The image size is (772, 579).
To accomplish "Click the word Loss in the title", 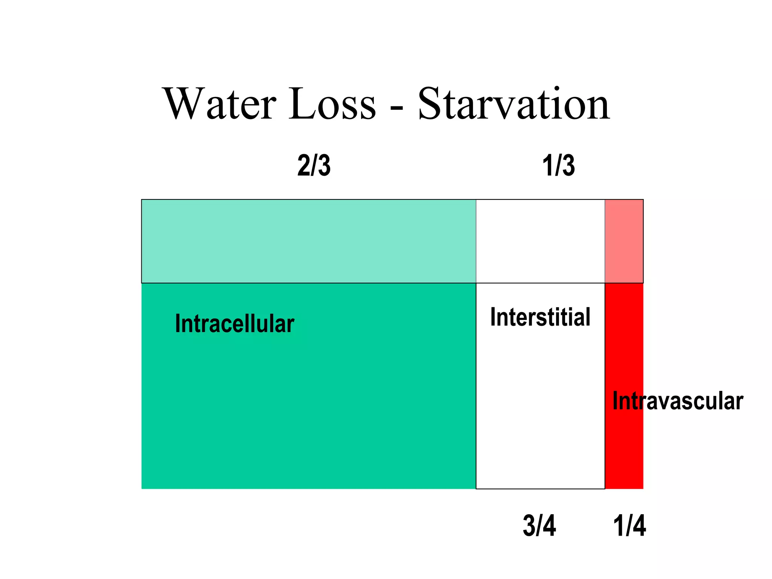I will (x=332, y=104).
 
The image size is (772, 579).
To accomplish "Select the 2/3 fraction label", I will (x=314, y=165).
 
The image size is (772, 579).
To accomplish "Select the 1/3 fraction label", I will (x=558, y=165).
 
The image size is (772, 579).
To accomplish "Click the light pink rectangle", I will (x=624, y=241).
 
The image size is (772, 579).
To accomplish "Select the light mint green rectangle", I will (x=308, y=241).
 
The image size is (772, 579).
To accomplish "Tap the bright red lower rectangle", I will (x=624, y=452).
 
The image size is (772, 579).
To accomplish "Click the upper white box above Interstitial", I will (x=540, y=241).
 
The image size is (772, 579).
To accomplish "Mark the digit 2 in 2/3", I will (x=304, y=165).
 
